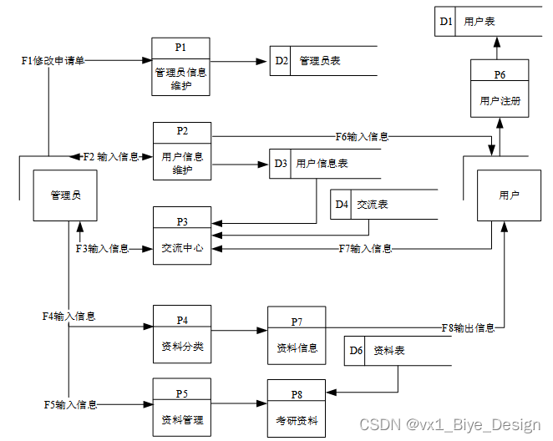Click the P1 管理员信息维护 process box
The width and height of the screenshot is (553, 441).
(x=180, y=67)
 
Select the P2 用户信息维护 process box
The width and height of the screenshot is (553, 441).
(x=182, y=151)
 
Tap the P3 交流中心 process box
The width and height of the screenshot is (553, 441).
(x=182, y=236)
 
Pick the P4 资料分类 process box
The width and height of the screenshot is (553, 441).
(x=182, y=334)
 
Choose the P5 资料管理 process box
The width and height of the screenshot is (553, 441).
(x=182, y=407)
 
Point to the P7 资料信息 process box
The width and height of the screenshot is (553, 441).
(x=297, y=336)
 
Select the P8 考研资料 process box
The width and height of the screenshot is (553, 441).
(x=297, y=408)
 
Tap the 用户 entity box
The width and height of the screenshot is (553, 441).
(x=509, y=195)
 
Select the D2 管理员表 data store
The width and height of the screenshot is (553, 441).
(x=322, y=61)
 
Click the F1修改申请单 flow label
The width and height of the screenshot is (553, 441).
(x=53, y=61)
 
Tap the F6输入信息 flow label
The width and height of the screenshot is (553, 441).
(x=362, y=136)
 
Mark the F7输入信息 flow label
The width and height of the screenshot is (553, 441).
(x=365, y=248)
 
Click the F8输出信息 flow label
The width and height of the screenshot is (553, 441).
(x=468, y=327)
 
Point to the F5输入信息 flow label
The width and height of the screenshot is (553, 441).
(x=71, y=404)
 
